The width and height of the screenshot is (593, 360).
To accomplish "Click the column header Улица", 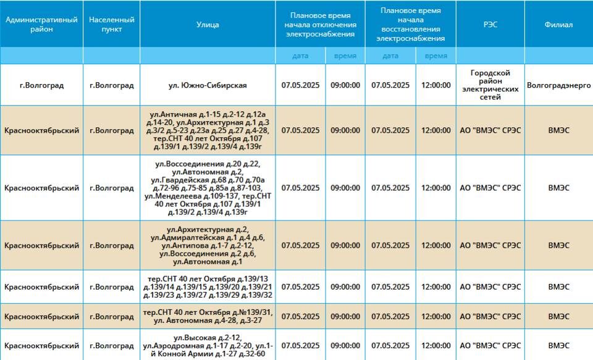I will (x=208, y=25).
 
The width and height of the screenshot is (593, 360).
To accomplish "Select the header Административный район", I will (x=41, y=25).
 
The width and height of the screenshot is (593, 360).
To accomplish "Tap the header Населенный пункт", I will (x=111, y=25).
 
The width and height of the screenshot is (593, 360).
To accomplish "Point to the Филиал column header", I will (x=558, y=25).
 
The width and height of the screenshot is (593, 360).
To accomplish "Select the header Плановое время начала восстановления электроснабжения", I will (x=411, y=25).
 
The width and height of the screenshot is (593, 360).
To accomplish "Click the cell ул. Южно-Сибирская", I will (x=208, y=85).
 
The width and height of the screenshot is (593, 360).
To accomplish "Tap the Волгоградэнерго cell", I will (x=558, y=85).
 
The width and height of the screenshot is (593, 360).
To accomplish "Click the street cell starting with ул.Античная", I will (x=208, y=130).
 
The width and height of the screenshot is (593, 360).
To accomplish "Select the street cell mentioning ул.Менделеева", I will (x=208, y=188).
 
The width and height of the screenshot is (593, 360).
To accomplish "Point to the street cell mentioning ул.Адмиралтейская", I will (x=208, y=245).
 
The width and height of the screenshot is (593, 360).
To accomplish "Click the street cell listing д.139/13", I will (x=208, y=287).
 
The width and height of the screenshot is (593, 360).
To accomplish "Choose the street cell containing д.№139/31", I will (x=208, y=316).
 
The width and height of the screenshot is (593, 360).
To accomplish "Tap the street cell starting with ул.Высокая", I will (x=208, y=345).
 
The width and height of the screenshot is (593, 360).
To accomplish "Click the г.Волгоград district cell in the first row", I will (x=41, y=85).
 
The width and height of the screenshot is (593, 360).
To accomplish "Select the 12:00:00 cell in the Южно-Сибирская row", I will (x=436, y=85).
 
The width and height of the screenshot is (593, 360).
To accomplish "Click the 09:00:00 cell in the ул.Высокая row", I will (x=345, y=345).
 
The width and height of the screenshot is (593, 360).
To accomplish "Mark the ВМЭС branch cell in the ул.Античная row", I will (x=558, y=130).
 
